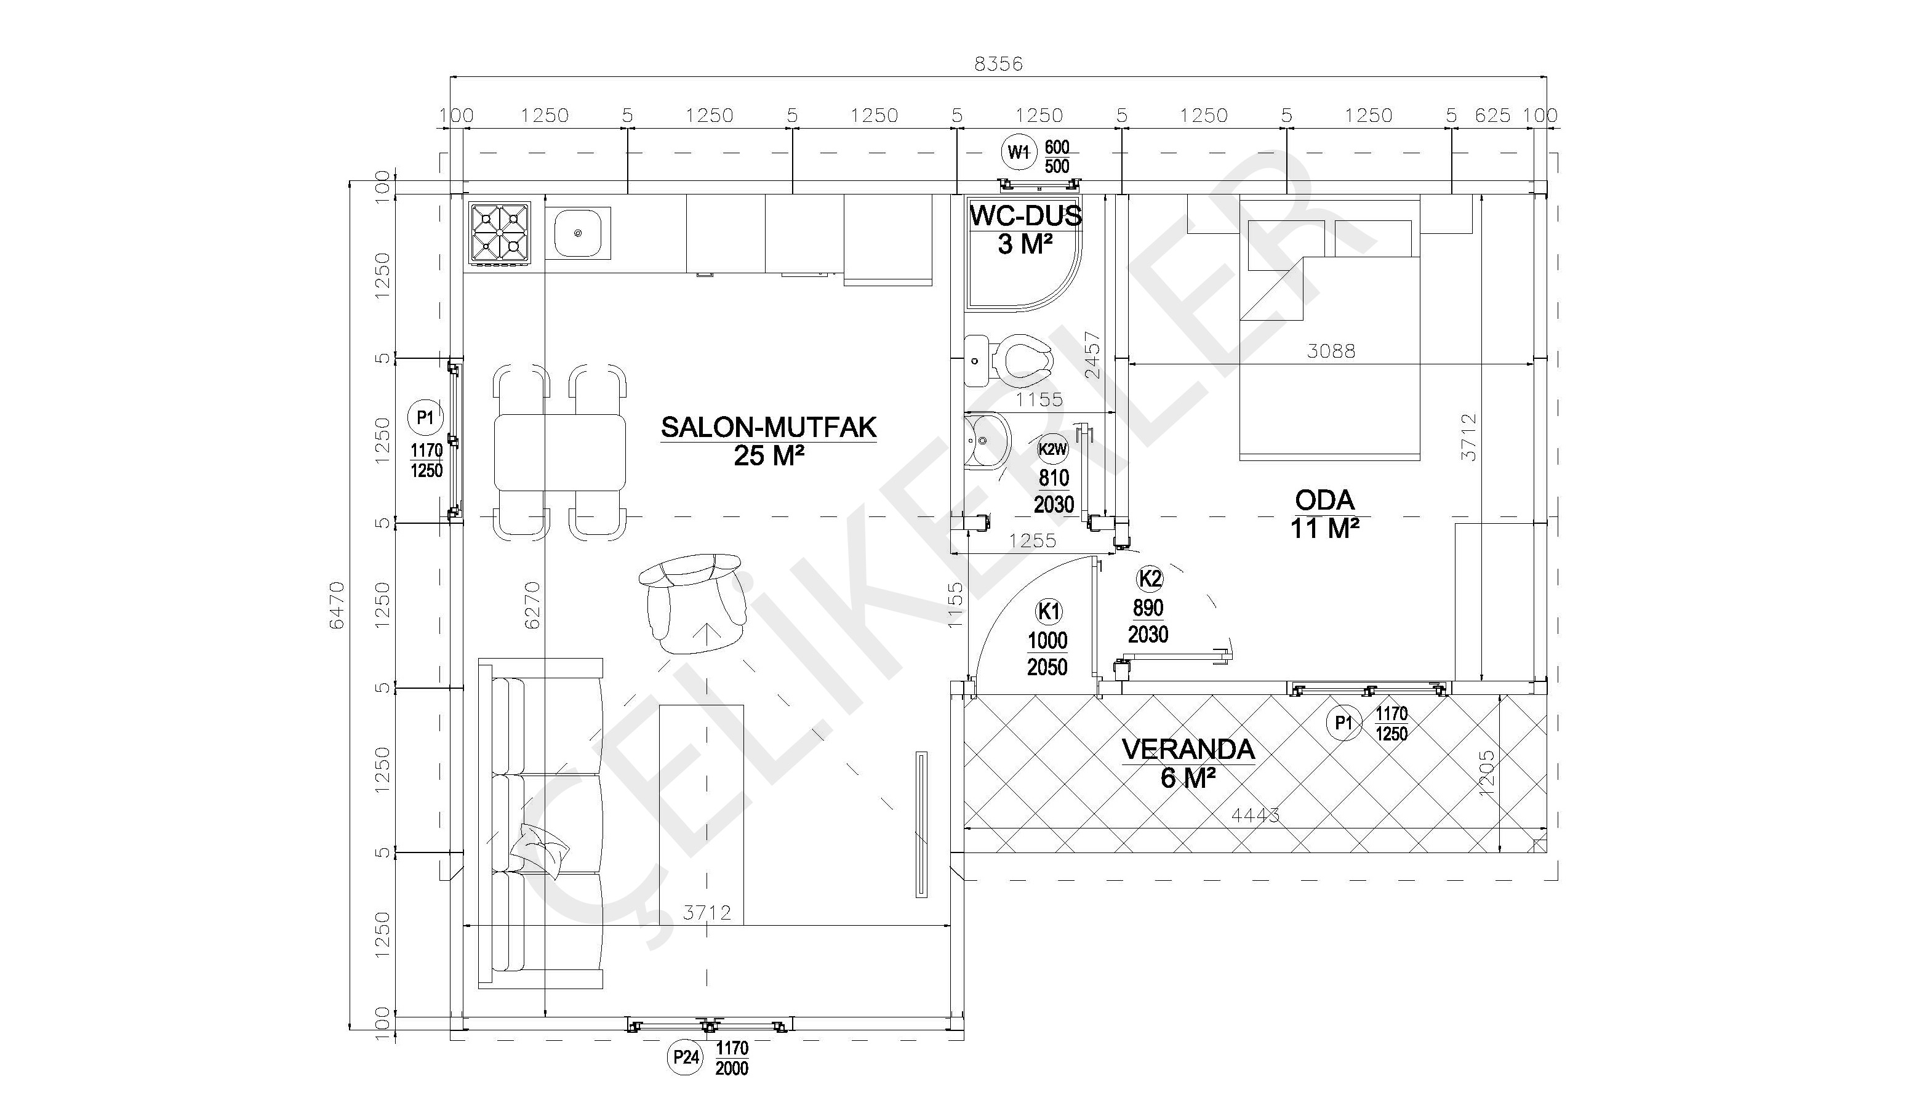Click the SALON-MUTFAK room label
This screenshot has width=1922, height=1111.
tap(769, 427)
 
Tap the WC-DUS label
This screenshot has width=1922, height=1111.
tap(1025, 216)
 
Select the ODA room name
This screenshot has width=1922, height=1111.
tap(1325, 500)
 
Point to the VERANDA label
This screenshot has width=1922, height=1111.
tap(1188, 749)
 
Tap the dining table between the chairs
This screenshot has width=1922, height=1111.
tap(560, 452)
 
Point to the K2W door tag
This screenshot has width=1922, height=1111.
tap(1052, 449)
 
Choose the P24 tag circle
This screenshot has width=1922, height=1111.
tap(685, 1057)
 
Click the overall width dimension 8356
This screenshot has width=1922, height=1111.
tap(998, 64)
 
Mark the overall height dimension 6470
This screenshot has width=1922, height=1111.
tap(337, 605)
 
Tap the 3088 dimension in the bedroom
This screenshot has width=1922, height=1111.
tap(1331, 351)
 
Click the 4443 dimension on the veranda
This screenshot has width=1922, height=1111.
tap(1255, 816)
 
